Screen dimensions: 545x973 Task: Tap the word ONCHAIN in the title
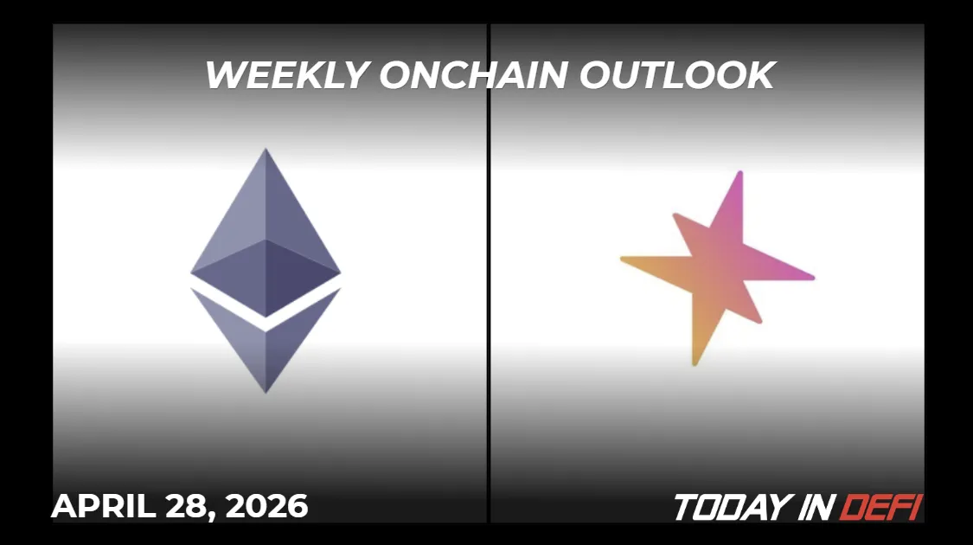tap(473, 75)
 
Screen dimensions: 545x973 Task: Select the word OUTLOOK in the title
tap(676, 75)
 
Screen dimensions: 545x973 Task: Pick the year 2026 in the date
tap(266, 506)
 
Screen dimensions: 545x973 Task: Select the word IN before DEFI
tap(814, 508)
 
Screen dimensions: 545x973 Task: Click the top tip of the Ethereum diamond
tap(266, 151)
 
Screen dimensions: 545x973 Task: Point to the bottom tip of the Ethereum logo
tap(266, 391)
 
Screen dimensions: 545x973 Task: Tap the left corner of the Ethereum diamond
tap(193, 273)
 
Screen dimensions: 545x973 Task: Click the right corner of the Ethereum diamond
tap(339, 273)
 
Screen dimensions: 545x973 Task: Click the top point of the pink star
tap(739, 174)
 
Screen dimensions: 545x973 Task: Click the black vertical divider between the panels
tap(489, 272)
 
